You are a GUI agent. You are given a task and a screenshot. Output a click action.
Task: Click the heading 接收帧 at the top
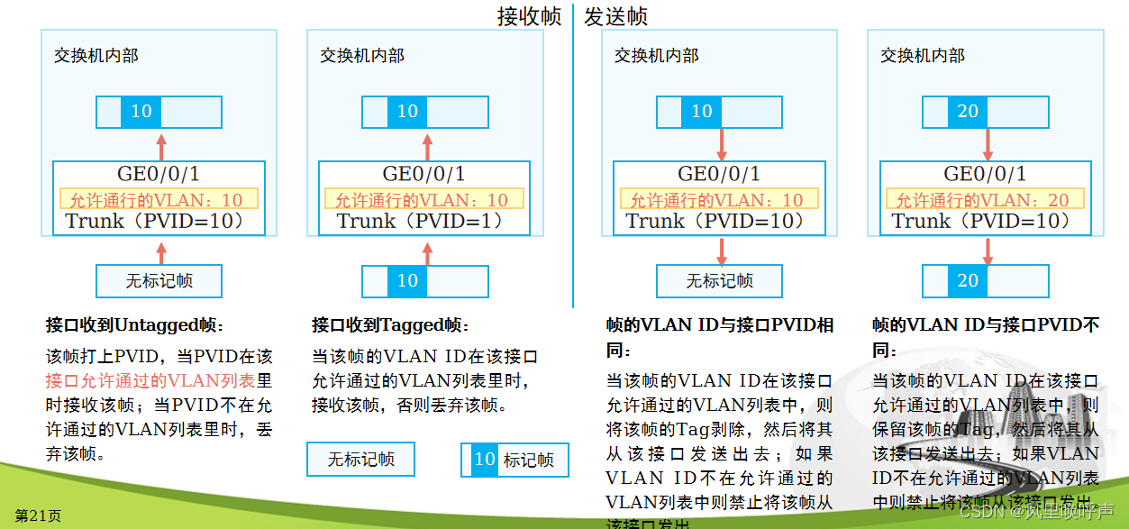click(x=529, y=16)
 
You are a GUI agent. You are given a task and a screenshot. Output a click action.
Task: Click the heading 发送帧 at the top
click(x=615, y=16)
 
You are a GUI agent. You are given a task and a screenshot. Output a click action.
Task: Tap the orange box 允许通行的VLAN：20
click(x=985, y=199)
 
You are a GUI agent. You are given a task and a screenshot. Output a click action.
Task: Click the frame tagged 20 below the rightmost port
click(x=985, y=280)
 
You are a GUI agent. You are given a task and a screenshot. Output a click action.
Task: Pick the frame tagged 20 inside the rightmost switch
click(x=985, y=112)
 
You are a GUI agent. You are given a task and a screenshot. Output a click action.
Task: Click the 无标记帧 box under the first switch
click(x=159, y=280)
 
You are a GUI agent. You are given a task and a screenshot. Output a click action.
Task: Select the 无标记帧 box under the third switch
click(x=719, y=280)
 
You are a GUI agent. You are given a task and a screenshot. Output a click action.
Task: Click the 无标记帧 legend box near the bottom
click(x=360, y=459)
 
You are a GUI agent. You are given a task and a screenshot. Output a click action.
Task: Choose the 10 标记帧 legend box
click(x=514, y=460)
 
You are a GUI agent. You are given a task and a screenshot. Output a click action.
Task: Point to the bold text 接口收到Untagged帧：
click(x=135, y=324)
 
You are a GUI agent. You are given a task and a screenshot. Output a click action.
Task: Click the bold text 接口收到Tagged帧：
click(x=390, y=324)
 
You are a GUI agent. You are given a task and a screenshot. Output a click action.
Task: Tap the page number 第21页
click(x=38, y=515)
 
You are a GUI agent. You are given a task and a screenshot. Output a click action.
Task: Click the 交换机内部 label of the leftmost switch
click(x=96, y=56)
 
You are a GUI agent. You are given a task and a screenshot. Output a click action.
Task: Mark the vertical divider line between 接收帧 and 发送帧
click(x=573, y=162)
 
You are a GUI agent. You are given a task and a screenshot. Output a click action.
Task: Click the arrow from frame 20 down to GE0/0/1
click(x=988, y=144)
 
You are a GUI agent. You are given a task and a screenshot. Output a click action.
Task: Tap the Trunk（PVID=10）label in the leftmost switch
click(x=154, y=221)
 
